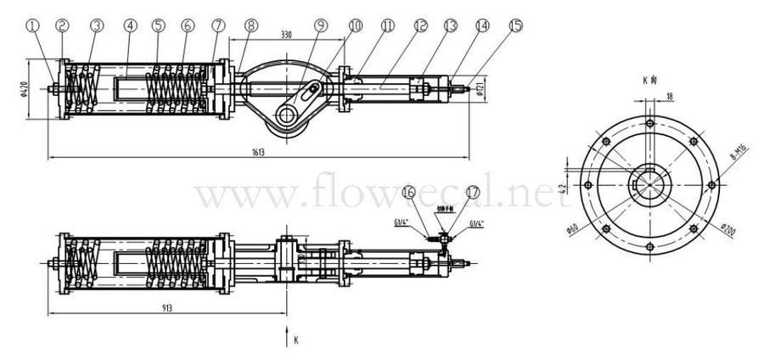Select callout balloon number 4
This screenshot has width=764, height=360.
130,25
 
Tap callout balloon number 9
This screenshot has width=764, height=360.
320,25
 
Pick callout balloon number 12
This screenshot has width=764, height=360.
419,25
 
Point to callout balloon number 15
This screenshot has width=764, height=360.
514,25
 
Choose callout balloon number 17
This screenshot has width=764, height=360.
473,194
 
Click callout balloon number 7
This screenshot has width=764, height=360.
220,25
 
